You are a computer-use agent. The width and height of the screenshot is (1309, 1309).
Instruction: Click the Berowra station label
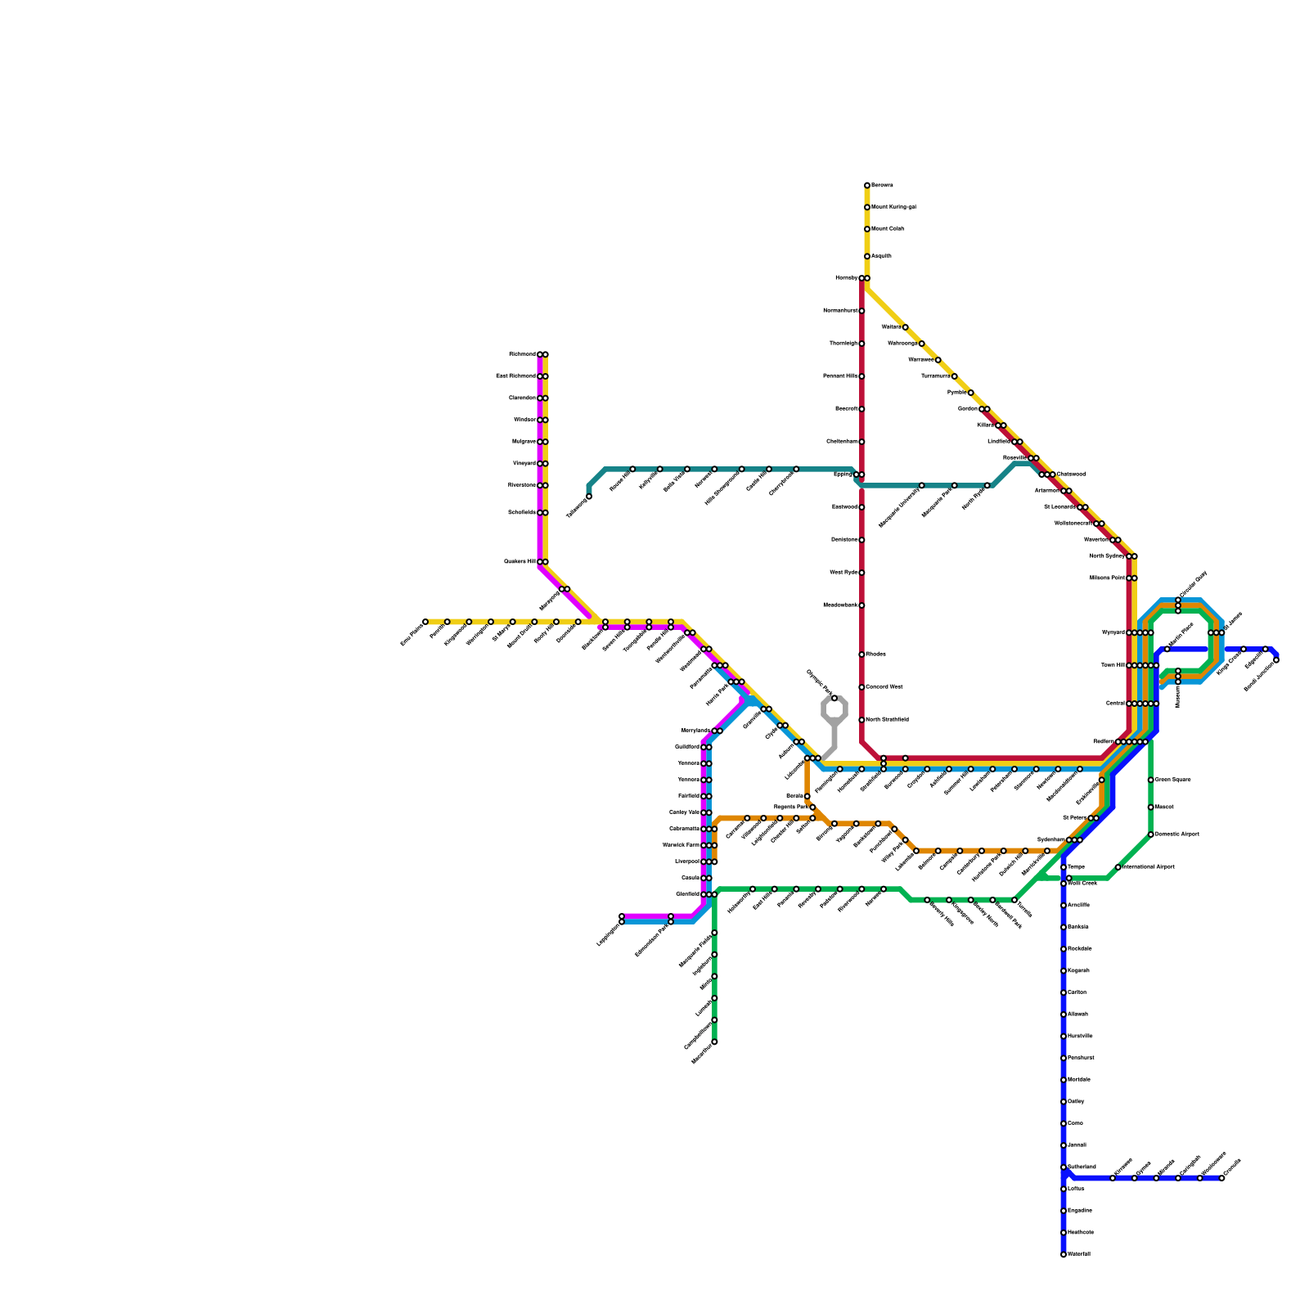point(882,186)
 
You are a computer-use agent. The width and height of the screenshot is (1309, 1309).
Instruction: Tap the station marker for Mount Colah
point(867,229)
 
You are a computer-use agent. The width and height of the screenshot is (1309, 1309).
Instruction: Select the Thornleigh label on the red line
point(843,344)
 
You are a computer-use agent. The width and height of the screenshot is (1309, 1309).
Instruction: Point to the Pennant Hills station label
point(840,376)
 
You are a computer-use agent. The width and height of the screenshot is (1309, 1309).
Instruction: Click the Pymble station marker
point(971,393)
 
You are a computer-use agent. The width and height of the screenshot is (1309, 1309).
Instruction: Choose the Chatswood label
point(1071,475)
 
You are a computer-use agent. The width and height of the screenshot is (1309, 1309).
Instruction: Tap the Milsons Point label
point(1108,578)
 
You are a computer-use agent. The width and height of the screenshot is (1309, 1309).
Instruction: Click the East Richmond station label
point(516,376)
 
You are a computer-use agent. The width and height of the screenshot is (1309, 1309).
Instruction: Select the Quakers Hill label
point(520,562)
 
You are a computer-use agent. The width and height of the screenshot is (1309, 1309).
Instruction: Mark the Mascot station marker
point(1151,807)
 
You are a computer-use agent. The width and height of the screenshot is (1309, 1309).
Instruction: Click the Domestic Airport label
point(1176,834)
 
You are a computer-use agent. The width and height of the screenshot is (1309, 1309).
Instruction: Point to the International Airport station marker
point(1118,867)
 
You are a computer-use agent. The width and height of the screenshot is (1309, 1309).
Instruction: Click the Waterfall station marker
point(1064,1254)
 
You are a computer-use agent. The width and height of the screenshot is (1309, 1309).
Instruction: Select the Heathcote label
point(1081,1233)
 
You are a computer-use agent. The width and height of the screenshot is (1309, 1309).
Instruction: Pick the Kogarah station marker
point(1064,971)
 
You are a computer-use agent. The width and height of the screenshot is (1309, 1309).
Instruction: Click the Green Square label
point(1172,780)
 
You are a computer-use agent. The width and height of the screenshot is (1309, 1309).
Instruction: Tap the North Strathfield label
point(887,720)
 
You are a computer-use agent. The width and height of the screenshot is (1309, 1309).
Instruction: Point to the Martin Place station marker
point(1167,650)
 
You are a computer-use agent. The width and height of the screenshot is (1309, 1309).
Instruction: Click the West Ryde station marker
point(861,573)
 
